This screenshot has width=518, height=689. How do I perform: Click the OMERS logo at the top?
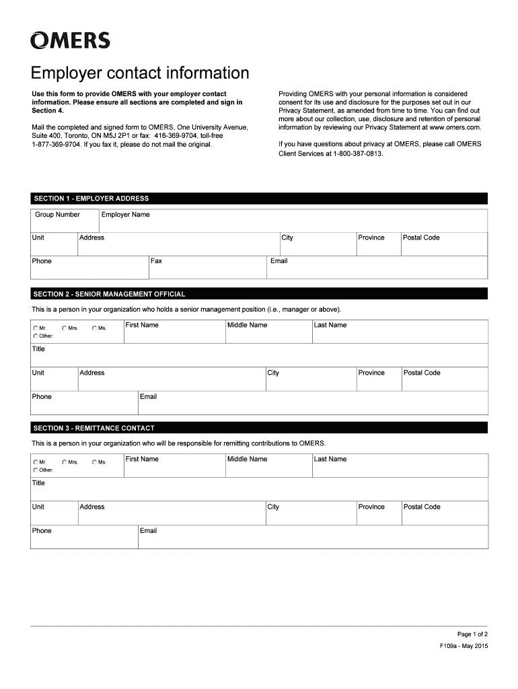click(70, 42)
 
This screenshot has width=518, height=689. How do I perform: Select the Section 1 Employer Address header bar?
click(259, 198)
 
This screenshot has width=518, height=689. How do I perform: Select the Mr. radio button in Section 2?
click(35, 328)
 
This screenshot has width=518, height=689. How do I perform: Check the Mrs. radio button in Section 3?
click(65, 462)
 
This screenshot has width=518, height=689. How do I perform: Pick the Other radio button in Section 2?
click(35, 336)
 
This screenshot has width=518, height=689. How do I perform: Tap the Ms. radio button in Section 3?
click(94, 462)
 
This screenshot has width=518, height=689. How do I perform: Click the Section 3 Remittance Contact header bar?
click(259, 428)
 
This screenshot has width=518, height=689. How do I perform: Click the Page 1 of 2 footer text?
click(472, 634)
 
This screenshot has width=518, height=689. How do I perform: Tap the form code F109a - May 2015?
click(464, 647)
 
